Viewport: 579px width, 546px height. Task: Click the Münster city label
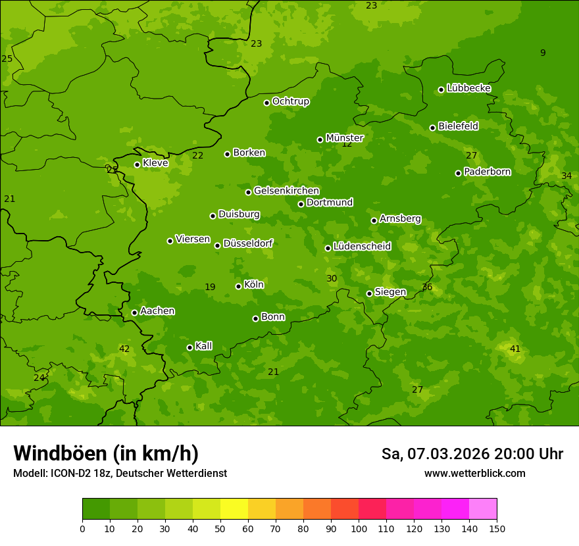(x=344, y=138)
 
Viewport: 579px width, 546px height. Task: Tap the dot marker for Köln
(x=238, y=286)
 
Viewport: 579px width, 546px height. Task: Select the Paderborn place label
(x=487, y=172)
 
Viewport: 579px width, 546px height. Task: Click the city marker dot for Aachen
(x=134, y=312)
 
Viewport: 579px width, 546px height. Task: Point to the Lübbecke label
(x=468, y=88)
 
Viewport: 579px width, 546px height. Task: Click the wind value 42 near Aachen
(x=124, y=349)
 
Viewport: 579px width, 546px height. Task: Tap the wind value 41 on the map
(x=515, y=349)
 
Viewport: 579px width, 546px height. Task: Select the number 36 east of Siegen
(x=427, y=287)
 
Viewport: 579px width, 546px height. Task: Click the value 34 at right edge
(x=566, y=176)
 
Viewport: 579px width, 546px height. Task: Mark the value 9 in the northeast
(x=543, y=53)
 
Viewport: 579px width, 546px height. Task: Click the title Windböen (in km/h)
(x=106, y=453)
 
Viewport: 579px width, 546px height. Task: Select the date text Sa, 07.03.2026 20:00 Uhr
(x=472, y=454)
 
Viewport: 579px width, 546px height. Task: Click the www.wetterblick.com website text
(x=474, y=473)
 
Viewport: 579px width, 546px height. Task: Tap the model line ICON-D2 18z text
(x=120, y=473)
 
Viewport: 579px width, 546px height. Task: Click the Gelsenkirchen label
(x=286, y=191)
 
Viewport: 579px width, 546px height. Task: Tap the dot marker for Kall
(x=189, y=347)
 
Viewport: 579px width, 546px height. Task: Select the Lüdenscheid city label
(x=362, y=247)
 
